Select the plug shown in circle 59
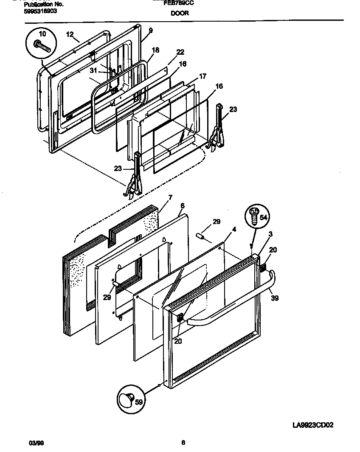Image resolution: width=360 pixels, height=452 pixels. (126, 399)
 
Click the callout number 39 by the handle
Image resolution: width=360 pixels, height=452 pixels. (275, 298)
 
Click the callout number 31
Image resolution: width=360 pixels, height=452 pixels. (94, 70)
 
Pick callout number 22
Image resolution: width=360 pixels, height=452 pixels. (180, 52)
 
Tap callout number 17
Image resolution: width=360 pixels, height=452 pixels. (202, 76)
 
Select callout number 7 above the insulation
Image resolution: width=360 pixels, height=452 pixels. (170, 197)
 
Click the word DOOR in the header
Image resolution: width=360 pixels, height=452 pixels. (180, 13)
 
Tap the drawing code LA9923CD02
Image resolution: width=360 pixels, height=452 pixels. (313, 425)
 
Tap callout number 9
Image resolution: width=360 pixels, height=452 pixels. (150, 30)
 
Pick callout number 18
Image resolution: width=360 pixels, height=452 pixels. (155, 50)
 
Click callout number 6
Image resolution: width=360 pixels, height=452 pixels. (182, 205)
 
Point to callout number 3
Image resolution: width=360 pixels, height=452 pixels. (270, 234)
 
